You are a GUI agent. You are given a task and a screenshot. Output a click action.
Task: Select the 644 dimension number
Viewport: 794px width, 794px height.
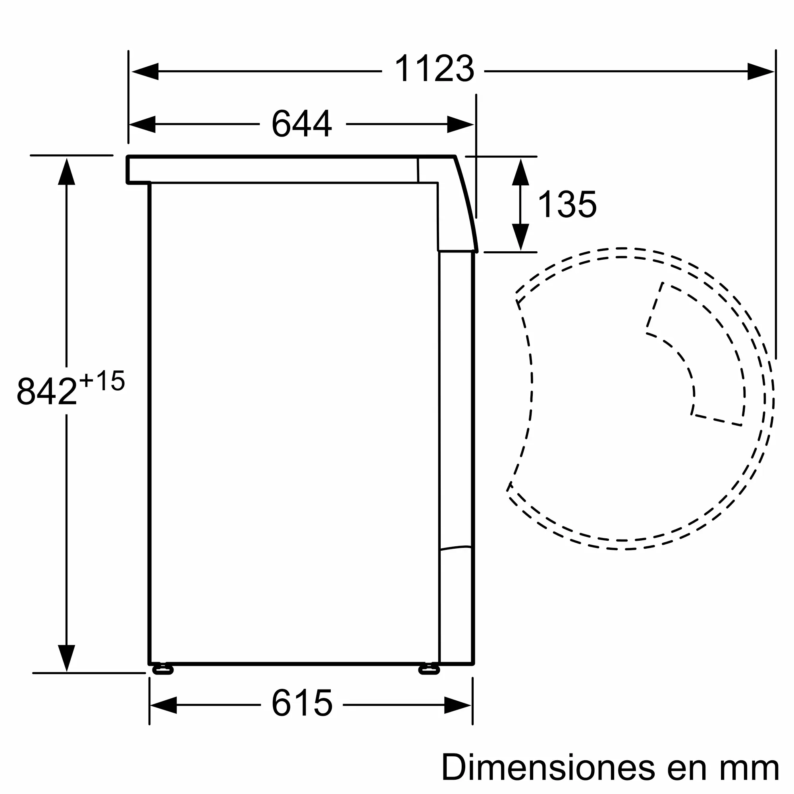[302, 124]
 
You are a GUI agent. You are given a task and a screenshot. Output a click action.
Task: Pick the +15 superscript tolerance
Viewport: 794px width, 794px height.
[102, 381]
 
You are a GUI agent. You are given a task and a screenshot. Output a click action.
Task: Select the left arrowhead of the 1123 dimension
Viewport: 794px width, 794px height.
[145, 71]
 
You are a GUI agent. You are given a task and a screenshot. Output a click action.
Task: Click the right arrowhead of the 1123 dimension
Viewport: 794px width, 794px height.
[761, 71]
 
